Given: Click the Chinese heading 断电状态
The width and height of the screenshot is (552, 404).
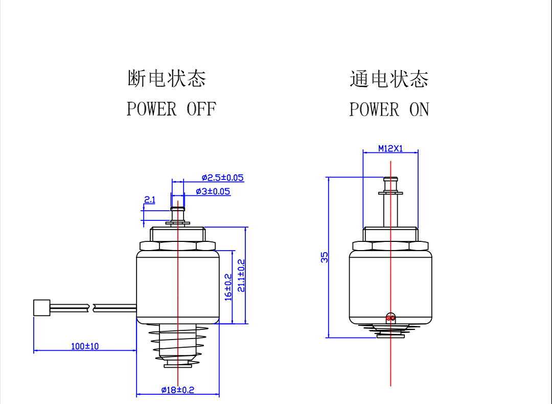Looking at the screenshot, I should [x=167, y=79].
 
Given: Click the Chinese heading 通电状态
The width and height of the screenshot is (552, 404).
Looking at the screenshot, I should [x=389, y=79].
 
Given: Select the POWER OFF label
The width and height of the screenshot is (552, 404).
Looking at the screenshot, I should [x=171, y=109].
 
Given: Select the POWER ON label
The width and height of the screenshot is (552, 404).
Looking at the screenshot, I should [x=389, y=109].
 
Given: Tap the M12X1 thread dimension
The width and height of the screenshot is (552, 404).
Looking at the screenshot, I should [x=390, y=148].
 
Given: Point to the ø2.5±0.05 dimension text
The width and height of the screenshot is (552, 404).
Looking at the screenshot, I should [x=222, y=178].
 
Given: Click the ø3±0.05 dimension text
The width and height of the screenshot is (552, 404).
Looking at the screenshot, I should [x=213, y=192].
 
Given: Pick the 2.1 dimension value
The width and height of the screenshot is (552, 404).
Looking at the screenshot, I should [x=149, y=199].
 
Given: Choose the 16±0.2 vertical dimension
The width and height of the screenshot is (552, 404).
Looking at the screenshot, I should [x=228, y=286].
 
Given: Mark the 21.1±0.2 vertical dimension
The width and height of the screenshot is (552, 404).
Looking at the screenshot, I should [x=241, y=275].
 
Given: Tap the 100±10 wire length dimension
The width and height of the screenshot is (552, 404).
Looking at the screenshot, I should [x=85, y=346].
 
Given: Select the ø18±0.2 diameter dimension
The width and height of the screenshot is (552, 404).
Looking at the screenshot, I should [x=178, y=390].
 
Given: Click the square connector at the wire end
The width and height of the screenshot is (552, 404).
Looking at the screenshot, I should [x=41, y=308].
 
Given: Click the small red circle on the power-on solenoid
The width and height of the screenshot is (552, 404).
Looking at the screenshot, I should [x=391, y=318].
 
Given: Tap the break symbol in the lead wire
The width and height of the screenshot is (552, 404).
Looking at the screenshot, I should [x=91, y=307].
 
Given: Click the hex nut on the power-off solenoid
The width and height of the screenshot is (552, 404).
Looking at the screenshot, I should [x=178, y=245].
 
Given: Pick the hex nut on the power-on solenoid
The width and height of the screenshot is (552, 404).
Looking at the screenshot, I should [x=390, y=245].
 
